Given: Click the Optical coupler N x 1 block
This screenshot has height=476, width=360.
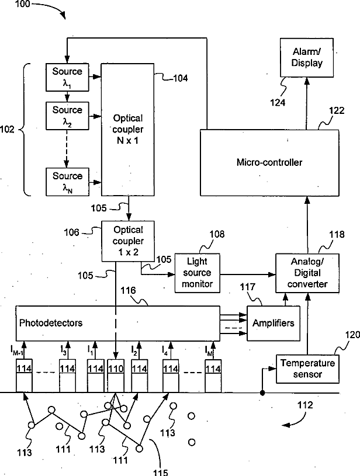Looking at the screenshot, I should (127, 130).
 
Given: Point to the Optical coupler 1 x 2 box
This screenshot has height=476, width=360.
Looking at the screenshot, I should (127, 240).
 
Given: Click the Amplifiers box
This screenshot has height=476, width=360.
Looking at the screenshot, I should (272, 322).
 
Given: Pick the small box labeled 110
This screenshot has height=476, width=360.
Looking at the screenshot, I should (116, 369).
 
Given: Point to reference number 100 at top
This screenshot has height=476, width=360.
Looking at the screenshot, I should (15, 6).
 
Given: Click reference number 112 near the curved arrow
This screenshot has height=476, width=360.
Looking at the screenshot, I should (304, 405).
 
